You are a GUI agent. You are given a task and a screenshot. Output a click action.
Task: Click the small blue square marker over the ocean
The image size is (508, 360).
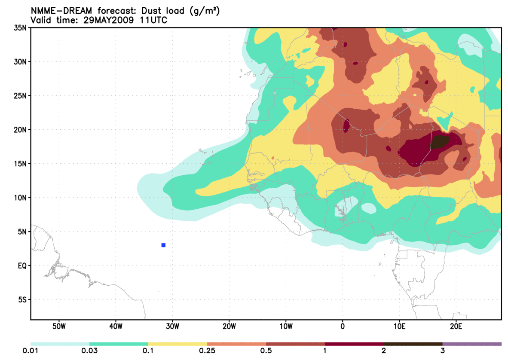[x=163, y=245]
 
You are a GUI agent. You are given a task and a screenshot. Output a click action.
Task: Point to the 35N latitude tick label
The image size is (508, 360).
[x=20, y=28]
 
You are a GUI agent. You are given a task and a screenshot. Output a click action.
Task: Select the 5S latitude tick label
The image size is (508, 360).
[x=22, y=299]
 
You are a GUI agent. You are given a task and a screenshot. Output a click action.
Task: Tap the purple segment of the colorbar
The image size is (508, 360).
[x=472, y=344]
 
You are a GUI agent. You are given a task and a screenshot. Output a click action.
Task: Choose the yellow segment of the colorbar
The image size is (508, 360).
[x=177, y=344]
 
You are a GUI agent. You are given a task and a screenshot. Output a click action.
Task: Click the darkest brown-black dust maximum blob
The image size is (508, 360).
[x=439, y=141]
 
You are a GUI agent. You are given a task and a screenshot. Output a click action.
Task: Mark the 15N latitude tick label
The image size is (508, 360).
[x=20, y=164]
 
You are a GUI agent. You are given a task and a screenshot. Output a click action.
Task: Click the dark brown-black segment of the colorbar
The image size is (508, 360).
[x=413, y=344]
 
